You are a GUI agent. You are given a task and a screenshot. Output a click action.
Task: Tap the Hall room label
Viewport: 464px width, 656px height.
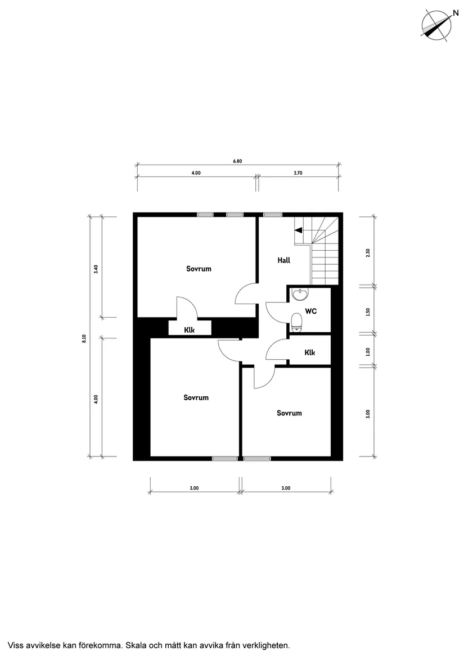coord(284,260)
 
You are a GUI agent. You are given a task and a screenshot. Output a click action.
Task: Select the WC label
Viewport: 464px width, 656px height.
coord(310,311)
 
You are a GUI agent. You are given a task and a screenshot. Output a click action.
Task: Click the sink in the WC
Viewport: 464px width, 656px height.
coord(301,294)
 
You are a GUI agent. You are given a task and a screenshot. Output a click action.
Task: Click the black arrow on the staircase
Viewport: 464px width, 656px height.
coord(299,229)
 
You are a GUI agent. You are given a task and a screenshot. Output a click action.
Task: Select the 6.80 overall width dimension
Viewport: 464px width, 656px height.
coord(237,161)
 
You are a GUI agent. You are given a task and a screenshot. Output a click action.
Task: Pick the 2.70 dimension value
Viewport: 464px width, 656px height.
coord(298,173)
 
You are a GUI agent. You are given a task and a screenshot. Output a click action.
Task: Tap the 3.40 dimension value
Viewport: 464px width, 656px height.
coord(96,269)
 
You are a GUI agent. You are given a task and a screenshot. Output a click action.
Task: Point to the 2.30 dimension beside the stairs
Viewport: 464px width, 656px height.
coord(368,252)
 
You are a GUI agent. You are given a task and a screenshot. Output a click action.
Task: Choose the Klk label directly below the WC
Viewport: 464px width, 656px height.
coord(309,352)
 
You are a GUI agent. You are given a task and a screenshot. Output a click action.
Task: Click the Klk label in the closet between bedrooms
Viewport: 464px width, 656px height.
coord(190,330)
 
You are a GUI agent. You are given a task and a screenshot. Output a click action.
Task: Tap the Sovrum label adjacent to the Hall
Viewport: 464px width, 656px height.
coord(199,269)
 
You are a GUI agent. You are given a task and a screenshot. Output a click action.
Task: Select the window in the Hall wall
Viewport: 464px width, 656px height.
coord(273,214)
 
